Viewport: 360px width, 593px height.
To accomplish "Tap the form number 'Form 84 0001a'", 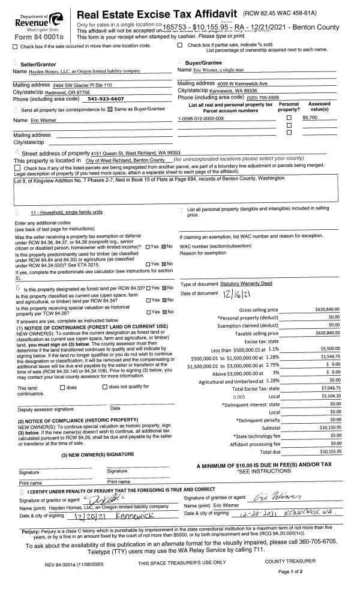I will click(24, 37).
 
